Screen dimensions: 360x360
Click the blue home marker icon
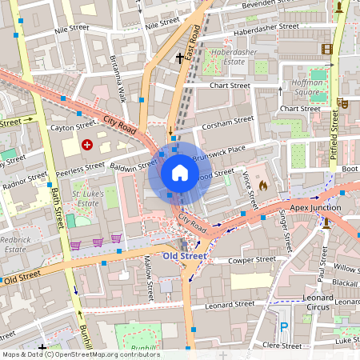[x=180, y=173]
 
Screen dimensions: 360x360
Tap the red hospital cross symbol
[x=86, y=145]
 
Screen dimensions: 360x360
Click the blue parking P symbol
[x=284, y=326]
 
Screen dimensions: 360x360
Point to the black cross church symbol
[x=180, y=58]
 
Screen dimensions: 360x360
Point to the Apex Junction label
[x=315, y=208]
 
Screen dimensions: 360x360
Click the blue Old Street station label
[x=184, y=256]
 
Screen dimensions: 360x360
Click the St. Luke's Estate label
[x=90, y=199]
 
